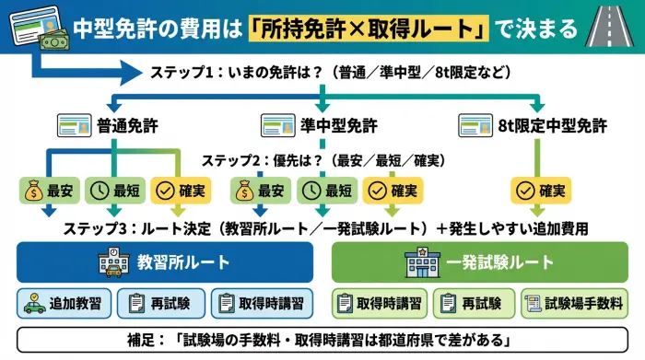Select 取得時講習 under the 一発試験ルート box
tap(377, 303)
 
